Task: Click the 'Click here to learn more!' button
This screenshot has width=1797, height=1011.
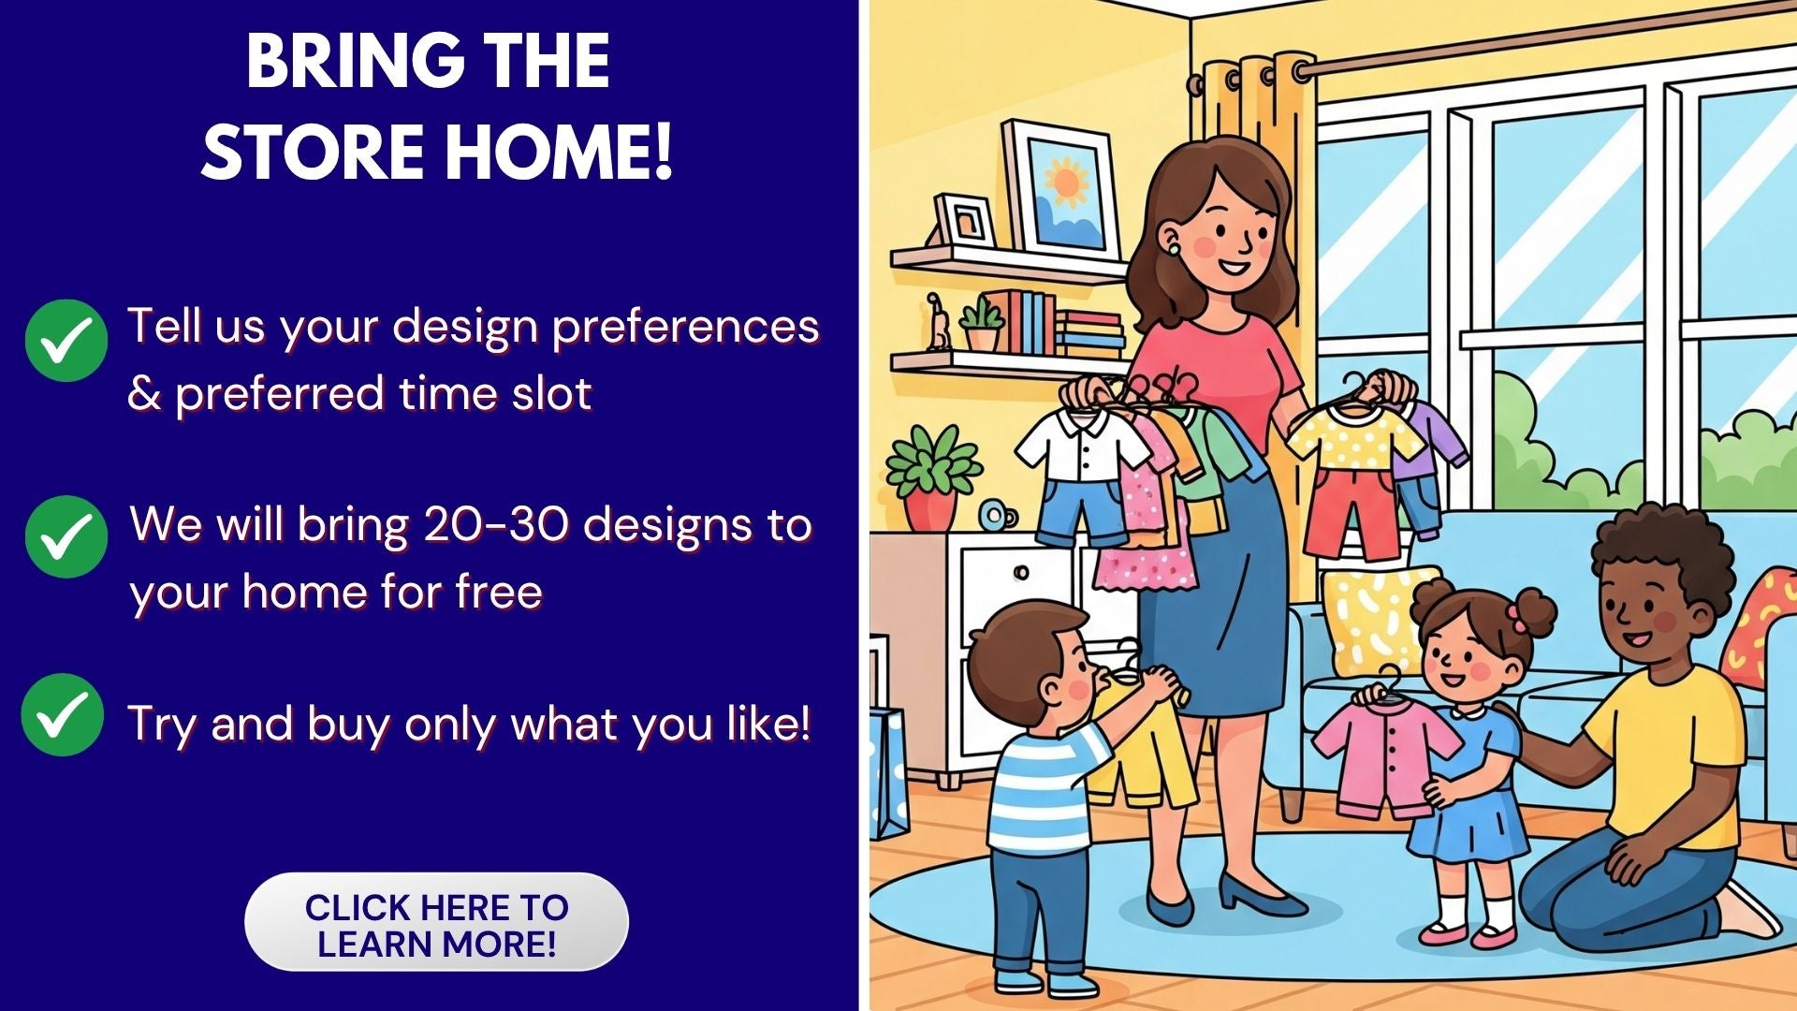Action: point(436,923)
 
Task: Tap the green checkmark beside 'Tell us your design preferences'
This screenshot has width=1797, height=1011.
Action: point(66,340)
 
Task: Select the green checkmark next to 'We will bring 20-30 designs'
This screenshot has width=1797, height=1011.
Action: point(66,536)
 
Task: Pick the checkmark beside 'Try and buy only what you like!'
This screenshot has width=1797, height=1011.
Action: point(63,714)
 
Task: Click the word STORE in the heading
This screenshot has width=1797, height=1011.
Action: point(313,152)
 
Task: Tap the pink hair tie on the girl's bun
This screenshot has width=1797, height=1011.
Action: point(1514,614)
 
